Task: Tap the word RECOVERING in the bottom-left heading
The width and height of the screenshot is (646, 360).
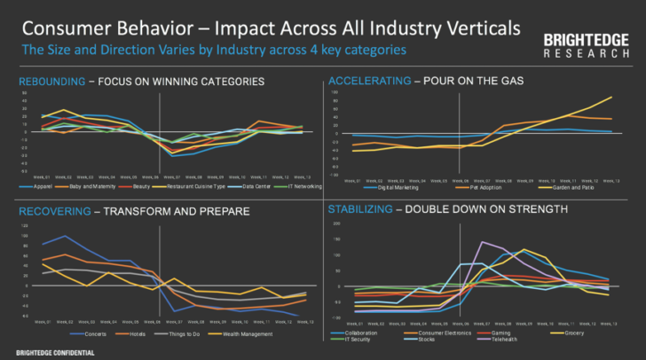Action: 50,211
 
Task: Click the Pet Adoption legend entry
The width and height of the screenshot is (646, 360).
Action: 484,187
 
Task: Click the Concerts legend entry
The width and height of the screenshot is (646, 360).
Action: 95,333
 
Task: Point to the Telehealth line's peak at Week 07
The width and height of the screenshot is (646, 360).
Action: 482,242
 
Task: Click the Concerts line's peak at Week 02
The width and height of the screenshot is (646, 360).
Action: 63,236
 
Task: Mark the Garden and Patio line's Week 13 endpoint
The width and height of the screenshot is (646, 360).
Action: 611,98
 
